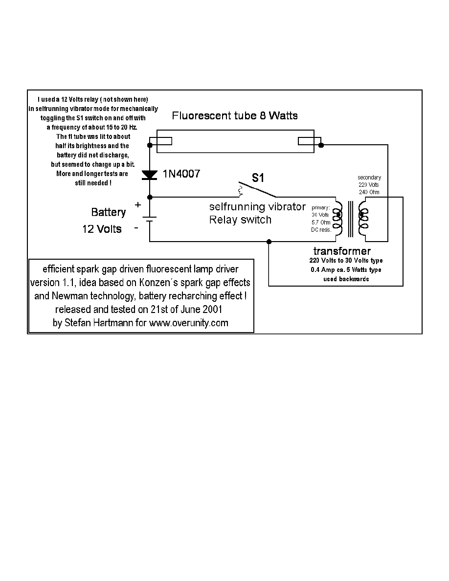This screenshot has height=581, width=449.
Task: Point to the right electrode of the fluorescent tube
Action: tap(310, 142)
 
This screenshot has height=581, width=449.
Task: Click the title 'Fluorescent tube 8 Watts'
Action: tap(235, 116)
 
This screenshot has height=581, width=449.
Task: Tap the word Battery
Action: tap(109, 212)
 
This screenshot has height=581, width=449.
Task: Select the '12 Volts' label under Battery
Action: tap(102, 229)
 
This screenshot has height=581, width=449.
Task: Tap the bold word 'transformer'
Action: tap(342, 251)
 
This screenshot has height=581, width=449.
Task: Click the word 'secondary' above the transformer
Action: tap(369, 177)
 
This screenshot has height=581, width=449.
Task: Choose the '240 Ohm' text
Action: tap(370, 192)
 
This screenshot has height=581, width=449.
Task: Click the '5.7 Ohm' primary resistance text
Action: tap(321, 222)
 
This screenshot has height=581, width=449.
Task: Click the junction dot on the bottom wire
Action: tap(269, 242)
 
